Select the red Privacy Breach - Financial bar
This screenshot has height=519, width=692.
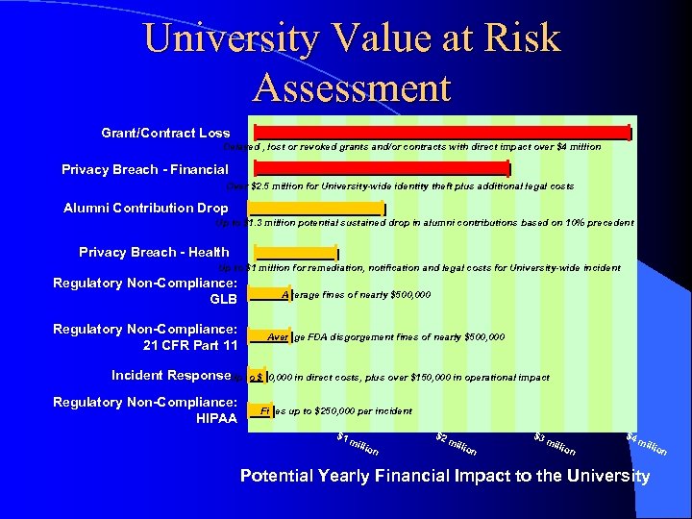tap(379, 168)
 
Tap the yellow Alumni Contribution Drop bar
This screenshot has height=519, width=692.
tap(316, 208)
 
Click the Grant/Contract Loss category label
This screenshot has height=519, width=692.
tap(165, 133)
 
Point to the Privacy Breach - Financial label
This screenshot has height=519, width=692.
tap(144, 169)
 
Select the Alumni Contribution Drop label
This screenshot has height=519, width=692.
tap(145, 208)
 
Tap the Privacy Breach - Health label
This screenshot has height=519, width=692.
tap(154, 252)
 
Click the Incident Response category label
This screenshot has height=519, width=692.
tap(171, 375)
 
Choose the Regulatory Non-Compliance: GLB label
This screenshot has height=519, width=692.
tap(145, 290)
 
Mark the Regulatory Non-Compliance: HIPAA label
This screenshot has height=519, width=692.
tap(145, 409)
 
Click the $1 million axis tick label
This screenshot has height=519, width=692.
tap(358, 445)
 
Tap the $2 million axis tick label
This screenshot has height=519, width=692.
tap(456, 445)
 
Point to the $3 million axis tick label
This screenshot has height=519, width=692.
tap(555, 445)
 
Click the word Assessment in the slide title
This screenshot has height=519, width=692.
tap(352, 87)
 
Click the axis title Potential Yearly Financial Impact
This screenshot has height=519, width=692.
tap(444, 476)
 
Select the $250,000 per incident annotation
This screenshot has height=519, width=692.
tap(351, 411)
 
